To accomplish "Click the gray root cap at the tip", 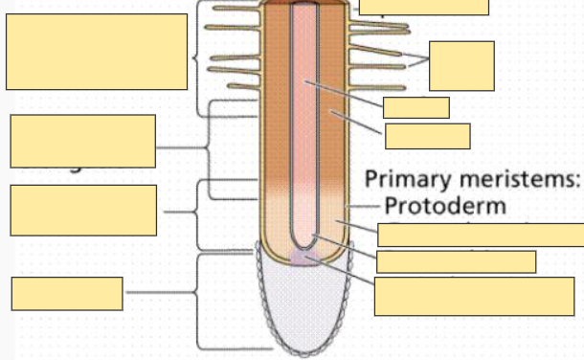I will (305, 306).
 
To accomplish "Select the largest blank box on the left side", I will (97, 52).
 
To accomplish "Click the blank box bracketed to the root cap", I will (67, 294).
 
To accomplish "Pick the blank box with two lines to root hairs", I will (461, 65).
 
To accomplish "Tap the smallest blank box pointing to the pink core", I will (416, 107).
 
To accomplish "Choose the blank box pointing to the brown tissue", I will (427, 136).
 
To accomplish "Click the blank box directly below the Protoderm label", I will (481, 235).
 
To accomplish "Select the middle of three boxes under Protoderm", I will (456, 261).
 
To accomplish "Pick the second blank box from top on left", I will (82, 141).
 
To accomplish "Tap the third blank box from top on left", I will (82, 210).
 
